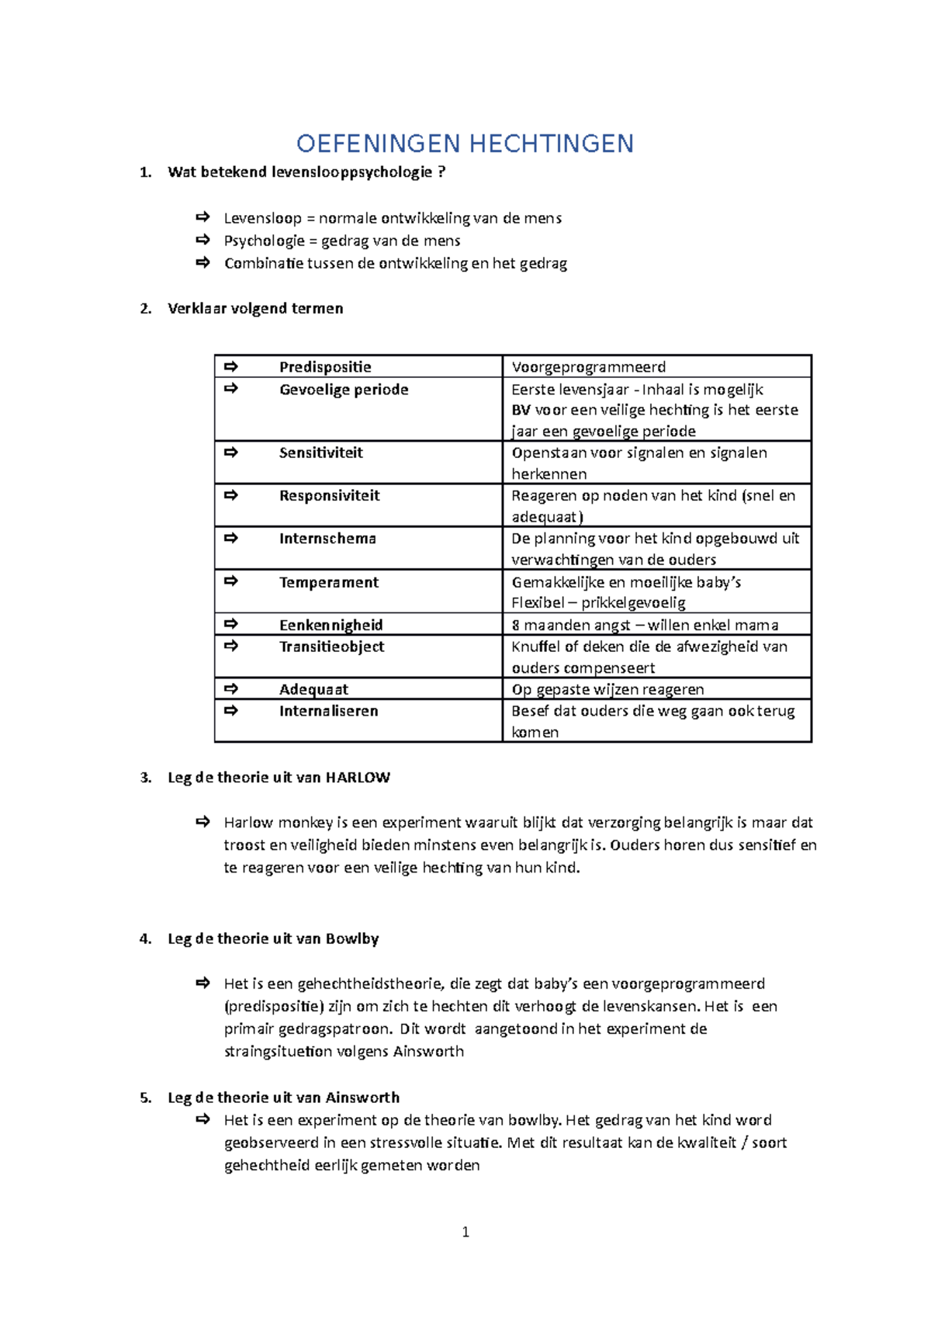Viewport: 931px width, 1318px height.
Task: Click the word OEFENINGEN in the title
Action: pyautogui.click(x=379, y=144)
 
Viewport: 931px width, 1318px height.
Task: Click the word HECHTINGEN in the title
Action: pyautogui.click(x=552, y=144)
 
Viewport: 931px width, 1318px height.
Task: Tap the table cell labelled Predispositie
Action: pyautogui.click(x=325, y=367)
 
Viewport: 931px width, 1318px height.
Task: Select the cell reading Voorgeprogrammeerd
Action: pyautogui.click(x=588, y=367)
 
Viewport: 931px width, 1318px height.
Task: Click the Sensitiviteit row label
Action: pyautogui.click(x=320, y=453)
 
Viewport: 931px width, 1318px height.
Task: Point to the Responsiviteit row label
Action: pyautogui.click(x=329, y=495)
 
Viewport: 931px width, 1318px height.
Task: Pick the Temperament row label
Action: pyautogui.click(x=328, y=582)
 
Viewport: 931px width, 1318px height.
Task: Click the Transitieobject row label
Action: pyautogui.click(x=331, y=647)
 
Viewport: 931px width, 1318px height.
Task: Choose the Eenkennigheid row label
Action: pyautogui.click(x=331, y=625)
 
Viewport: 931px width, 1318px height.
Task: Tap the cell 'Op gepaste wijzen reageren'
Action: pyautogui.click(x=607, y=689)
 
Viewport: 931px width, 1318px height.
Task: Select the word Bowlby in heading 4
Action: pyautogui.click(x=352, y=939)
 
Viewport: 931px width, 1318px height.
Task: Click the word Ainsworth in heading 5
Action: pyautogui.click(x=362, y=1098)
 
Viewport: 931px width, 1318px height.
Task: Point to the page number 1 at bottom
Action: pyautogui.click(x=465, y=1232)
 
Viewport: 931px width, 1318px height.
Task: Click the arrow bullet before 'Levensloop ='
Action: pyautogui.click(x=203, y=217)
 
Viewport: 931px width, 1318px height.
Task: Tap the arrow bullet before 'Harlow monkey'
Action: pyautogui.click(x=203, y=821)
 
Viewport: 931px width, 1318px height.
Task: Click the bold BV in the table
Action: pyautogui.click(x=521, y=410)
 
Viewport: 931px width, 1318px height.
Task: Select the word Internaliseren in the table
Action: pyautogui.click(x=328, y=711)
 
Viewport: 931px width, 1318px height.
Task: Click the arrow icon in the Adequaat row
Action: pyautogui.click(x=230, y=688)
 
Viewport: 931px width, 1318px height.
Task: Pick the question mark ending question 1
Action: pyautogui.click(x=441, y=172)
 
